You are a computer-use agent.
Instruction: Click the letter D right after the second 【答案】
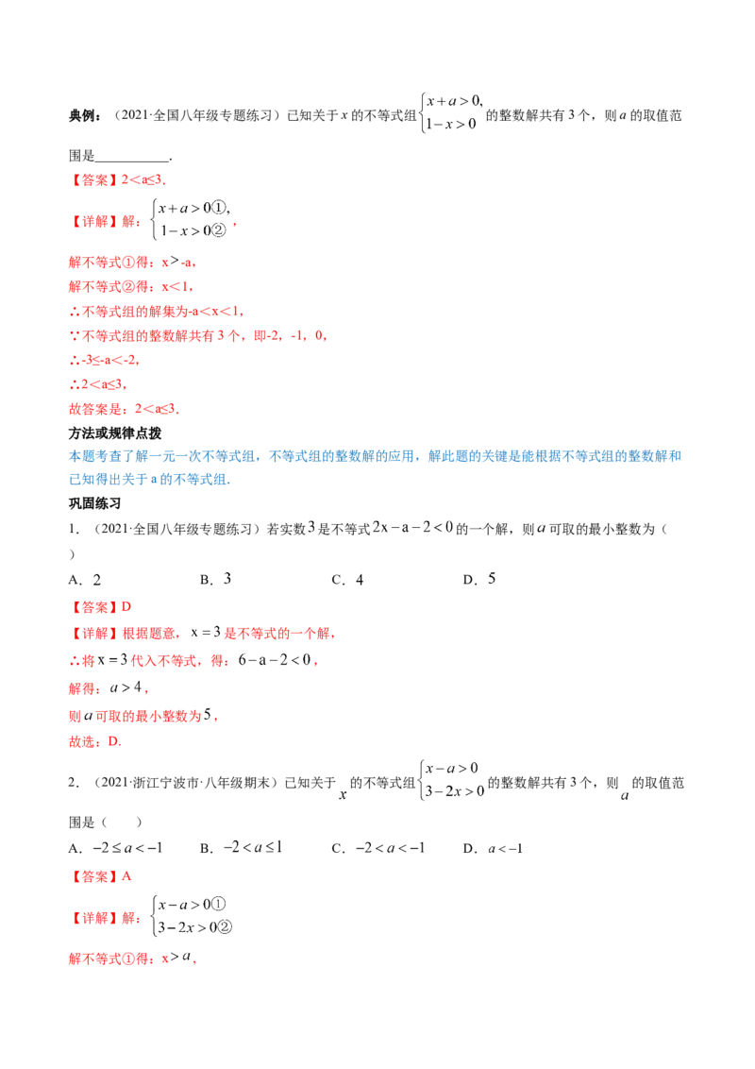click(x=127, y=604)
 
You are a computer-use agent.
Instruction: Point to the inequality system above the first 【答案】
click(x=451, y=110)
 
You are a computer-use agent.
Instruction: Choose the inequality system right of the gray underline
click(x=451, y=781)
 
